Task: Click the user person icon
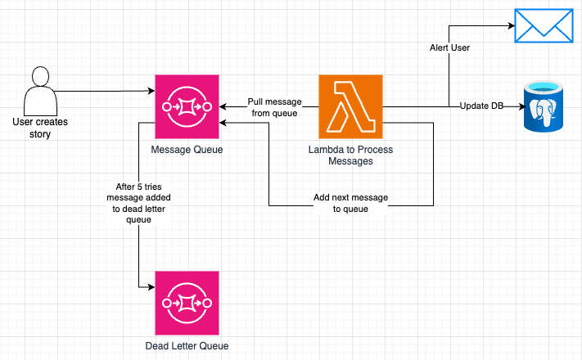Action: click(40, 92)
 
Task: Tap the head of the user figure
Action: click(40, 76)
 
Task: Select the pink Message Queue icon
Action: click(187, 107)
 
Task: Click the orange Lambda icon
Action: click(351, 107)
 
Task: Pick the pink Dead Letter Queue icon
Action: click(187, 304)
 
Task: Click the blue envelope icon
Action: click(544, 26)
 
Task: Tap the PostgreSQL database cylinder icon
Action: click(544, 107)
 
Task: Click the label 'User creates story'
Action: click(40, 128)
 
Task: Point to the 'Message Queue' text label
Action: click(187, 150)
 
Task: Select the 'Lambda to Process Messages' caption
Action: click(351, 155)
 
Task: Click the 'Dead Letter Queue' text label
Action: click(187, 346)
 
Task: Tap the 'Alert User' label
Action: click(449, 48)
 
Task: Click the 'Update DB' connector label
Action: click(481, 106)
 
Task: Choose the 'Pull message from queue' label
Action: click(274, 107)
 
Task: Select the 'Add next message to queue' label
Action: click(350, 203)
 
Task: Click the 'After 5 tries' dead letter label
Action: click(138, 203)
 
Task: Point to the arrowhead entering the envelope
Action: click(512, 25)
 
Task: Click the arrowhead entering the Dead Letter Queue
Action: click(151, 287)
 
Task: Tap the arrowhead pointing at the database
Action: click(522, 107)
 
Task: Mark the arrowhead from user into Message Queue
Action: click(151, 91)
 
